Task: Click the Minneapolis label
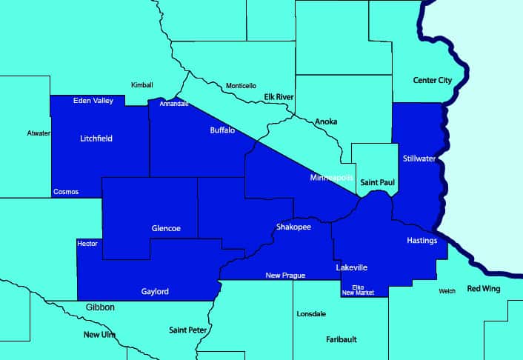(330, 179)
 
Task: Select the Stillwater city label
(420, 159)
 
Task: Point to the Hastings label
(422, 241)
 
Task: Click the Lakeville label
(351, 267)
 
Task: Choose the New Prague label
(286, 276)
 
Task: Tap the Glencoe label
(166, 228)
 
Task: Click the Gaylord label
(155, 291)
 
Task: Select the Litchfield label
(96, 138)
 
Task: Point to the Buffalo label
(222, 130)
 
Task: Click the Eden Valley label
(93, 101)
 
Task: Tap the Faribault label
(342, 339)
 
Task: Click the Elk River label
(279, 97)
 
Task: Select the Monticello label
(241, 85)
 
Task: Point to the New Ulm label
(100, 335)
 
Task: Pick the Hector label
(87, 244)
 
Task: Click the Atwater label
(39, 133)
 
